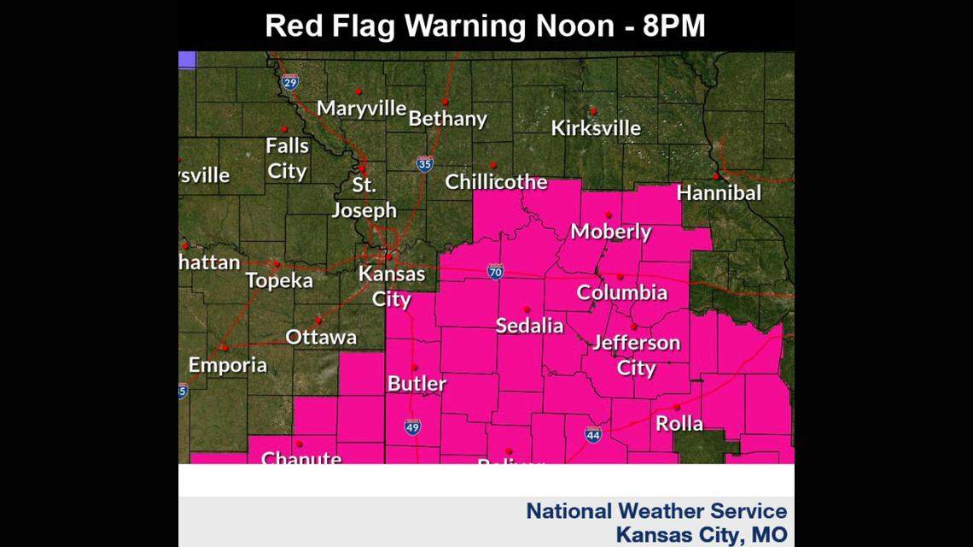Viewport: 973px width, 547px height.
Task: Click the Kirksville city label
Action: (x=596, y=128)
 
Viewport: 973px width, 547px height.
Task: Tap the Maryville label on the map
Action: (x=361, y=109)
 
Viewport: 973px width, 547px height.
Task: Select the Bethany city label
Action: (x=447, y=119)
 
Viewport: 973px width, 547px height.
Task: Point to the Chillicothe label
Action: (x=496, y=181)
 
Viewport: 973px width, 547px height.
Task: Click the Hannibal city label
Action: (x=718, y=192)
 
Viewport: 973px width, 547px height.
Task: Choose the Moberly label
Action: (x=610, y=232)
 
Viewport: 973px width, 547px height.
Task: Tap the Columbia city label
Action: (x=621, y=292)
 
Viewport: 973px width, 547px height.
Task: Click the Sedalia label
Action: (x=529, y=326)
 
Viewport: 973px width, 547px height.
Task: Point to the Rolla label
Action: (x=679, y=423)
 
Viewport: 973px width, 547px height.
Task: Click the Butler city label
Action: (x=417, y=384)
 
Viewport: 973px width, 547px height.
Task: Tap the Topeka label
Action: (x=279, y=280)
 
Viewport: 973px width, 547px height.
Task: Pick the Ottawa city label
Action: (x=321, y=337)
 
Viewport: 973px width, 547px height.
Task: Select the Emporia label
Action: (x=227, y=365)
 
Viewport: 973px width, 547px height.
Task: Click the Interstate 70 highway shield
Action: (x=495, y=272)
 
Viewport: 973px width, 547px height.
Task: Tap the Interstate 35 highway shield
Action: (x=424, y=163)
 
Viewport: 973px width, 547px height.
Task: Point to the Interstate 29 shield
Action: (x=290, y=81)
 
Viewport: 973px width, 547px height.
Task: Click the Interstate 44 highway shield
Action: (x=592, y=434)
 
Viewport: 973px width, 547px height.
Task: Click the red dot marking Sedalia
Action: (x=527, y=309)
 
